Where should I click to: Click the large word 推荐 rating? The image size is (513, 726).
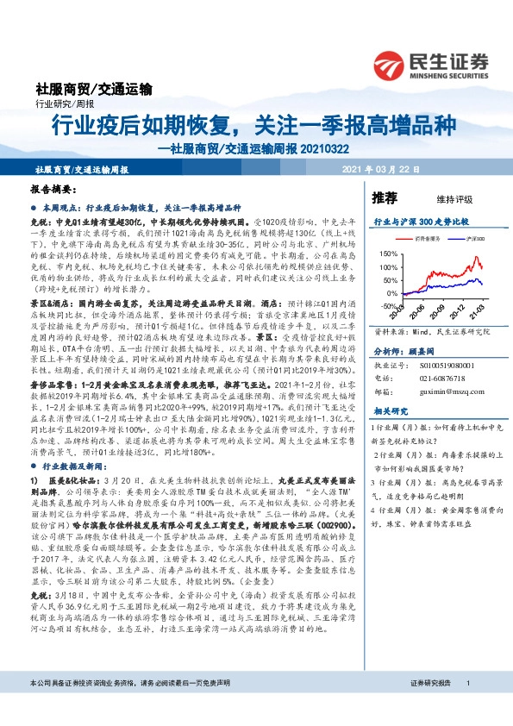click(383, 197)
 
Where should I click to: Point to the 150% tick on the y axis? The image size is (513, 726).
click(387, 253)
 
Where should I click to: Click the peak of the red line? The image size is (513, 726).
click(474, 256)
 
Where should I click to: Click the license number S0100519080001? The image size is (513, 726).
click(444, 365)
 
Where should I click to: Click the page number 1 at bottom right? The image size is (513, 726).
click(467, 707)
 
